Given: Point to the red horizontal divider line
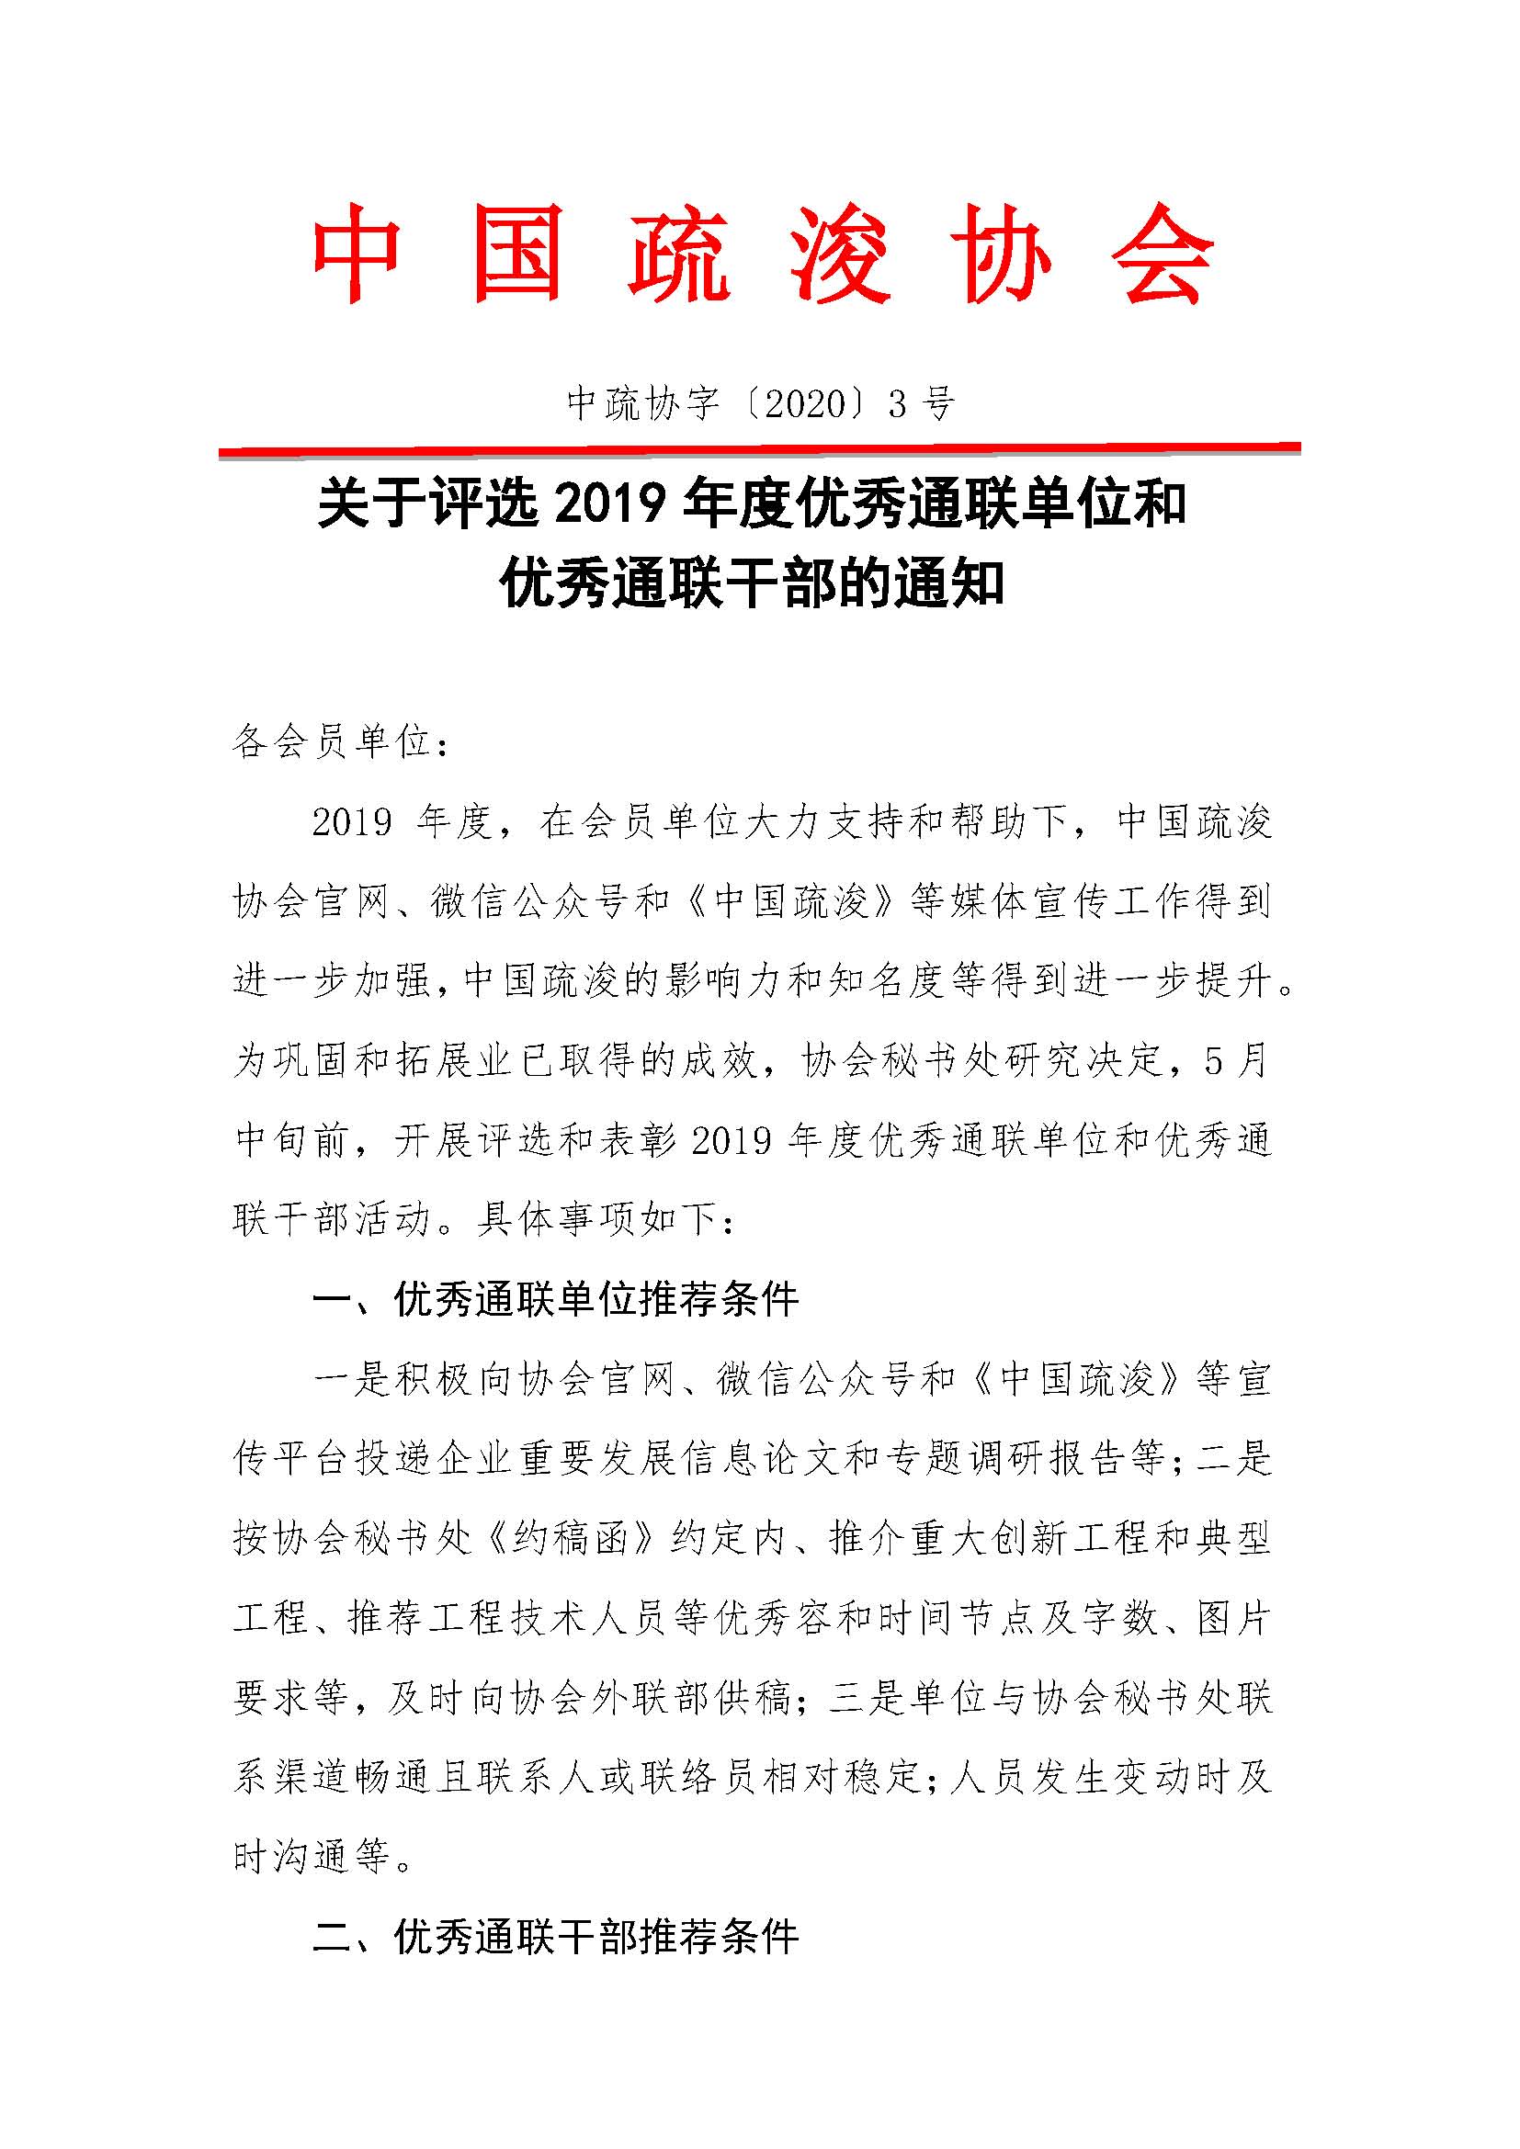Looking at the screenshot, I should (759, 450).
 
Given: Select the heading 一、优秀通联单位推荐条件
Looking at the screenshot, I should (556, 1299).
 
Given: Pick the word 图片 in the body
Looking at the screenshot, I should (1232, 1617).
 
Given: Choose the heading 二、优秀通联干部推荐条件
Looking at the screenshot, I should (556, 1937).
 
